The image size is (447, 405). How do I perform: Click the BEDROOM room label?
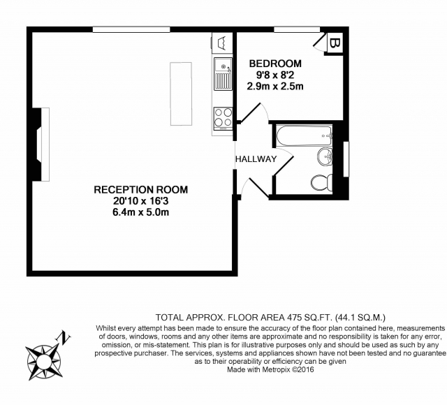click(x=275, y=64)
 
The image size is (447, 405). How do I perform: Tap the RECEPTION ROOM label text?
click(x=141, y=189)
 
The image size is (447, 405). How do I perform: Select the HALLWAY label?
click(x=256, y=159)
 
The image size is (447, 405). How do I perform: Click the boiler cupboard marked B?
click(x=335, y=43)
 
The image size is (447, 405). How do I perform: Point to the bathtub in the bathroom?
click(x=305, y=136)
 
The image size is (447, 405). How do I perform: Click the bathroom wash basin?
click(x=325, y=156)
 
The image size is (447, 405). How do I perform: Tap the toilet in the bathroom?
click(x=321, y=182)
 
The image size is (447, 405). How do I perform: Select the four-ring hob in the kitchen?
click(x=223, y=119)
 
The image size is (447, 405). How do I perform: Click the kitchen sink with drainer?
click(x=223, y=73)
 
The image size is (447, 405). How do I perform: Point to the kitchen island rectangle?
click(x=181, y=94)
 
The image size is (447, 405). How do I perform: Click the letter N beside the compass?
click(x=64, y=337)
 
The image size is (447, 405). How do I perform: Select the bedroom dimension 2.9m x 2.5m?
click(x=275, y=86)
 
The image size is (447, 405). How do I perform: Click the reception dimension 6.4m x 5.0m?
click(x=141, y=212)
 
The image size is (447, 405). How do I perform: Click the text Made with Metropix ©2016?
click(x=270, y=369)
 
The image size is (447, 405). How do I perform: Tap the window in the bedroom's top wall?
click(x=297, y=29)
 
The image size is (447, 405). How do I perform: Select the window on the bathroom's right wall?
click(x=346, y=159)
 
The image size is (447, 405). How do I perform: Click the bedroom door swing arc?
click(x=265, y=111)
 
